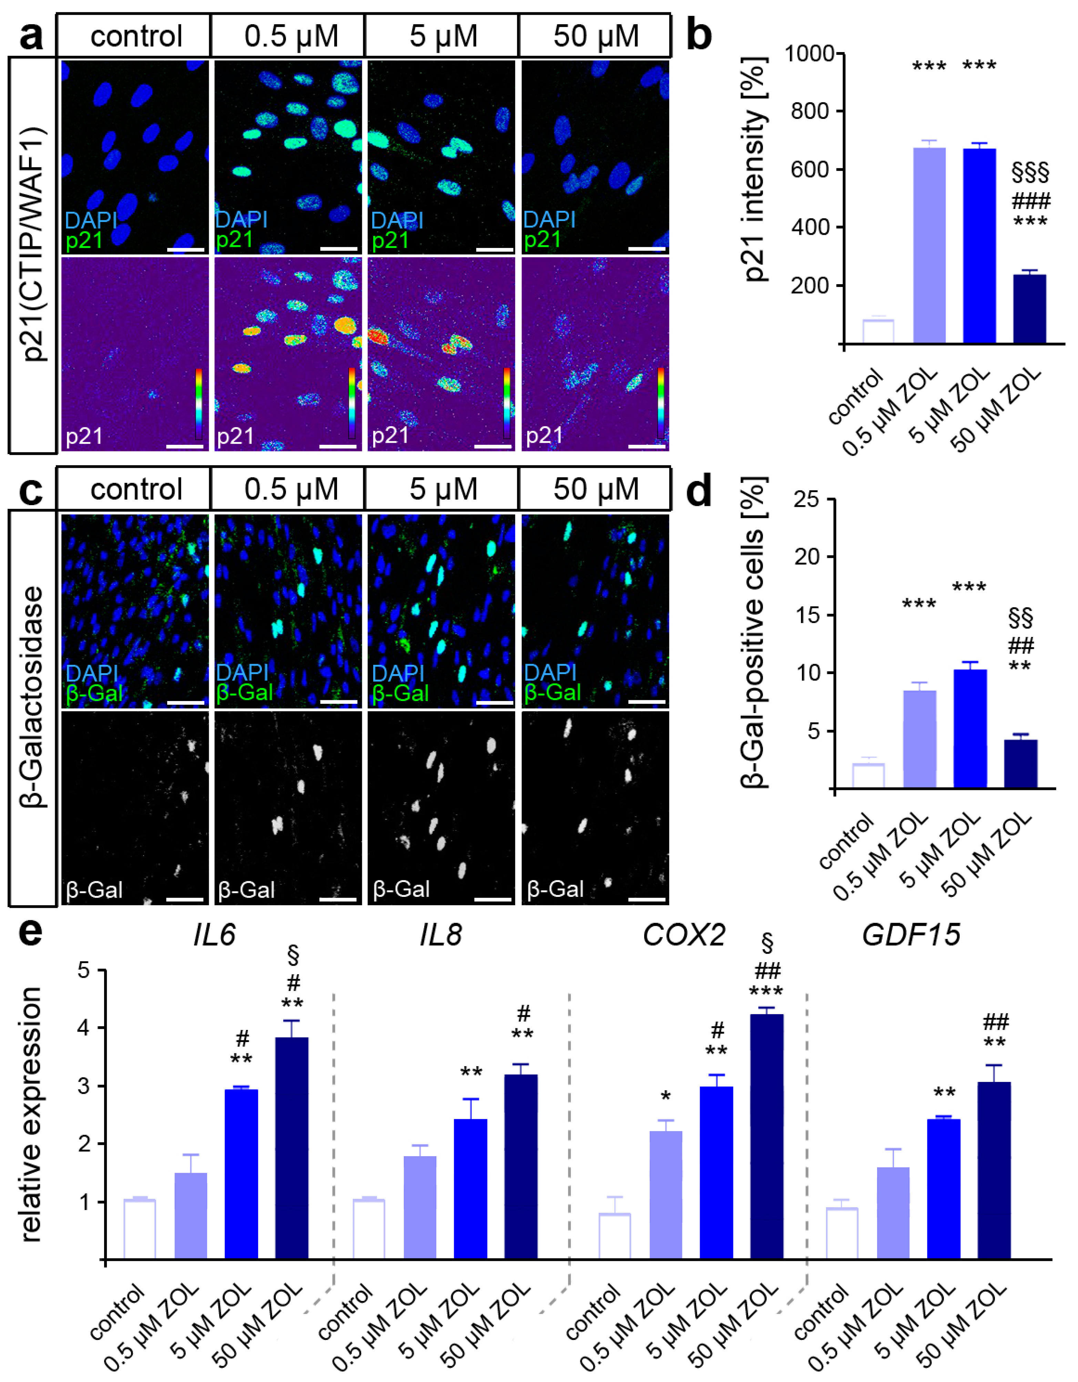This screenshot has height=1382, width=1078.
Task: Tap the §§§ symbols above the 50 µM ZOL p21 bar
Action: pos(1030,171)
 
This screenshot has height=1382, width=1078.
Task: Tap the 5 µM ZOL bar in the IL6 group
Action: pos(241,1174)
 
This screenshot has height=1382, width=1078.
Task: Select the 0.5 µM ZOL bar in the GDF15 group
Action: pos(893,1214)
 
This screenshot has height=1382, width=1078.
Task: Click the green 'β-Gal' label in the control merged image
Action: pos(94,693)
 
